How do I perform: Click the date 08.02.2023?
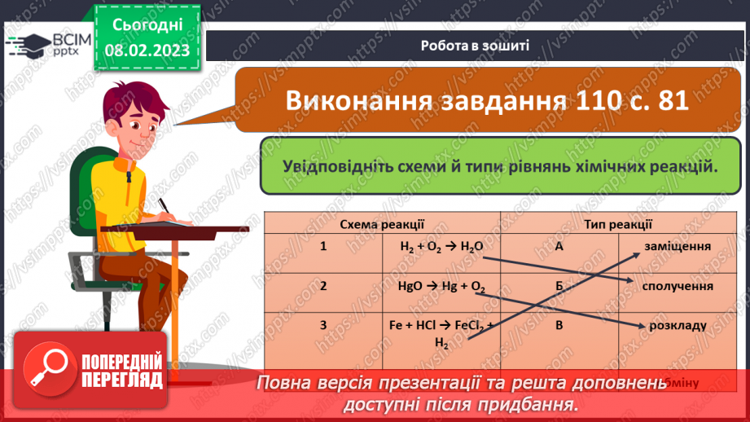click(x=147, y=49)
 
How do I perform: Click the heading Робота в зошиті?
click(x=476, y=46)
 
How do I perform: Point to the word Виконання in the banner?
click(x=354, y=101)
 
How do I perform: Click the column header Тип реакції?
click(x=618, y=223)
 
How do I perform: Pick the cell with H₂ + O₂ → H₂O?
click(x=441, y=247)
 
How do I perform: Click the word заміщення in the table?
click(x=678, y=246)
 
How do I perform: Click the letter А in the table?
click(x=559, y=246)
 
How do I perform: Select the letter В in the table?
click(x=559, y=325)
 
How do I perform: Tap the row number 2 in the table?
click(x=323, y=286)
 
